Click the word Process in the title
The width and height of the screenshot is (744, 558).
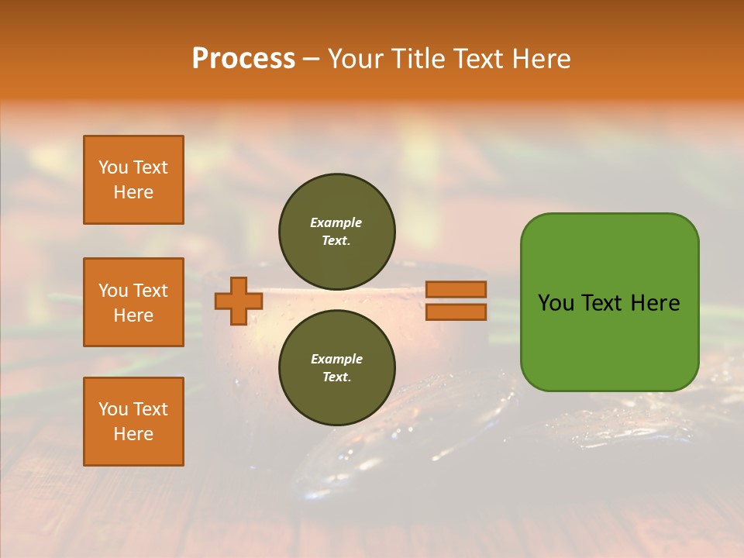point(243,59)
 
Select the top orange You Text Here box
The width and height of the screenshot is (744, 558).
point(133,180)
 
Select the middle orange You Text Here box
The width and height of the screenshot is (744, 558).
point(133,302)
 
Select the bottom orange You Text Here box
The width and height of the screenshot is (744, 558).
point(133,422)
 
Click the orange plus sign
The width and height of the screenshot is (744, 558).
point(239,301)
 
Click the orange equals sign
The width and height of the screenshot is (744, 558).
point(456,301)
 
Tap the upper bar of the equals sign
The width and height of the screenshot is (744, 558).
point(456,290)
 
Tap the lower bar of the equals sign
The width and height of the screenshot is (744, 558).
point(456,312)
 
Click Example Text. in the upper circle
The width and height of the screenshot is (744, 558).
point(336,231)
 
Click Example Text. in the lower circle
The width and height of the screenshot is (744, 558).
point(336,367)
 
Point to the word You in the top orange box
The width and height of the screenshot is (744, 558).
point(113,167)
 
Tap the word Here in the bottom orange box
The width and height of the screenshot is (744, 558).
point(133,434)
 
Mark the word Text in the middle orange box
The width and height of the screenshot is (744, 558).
point(150,291)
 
